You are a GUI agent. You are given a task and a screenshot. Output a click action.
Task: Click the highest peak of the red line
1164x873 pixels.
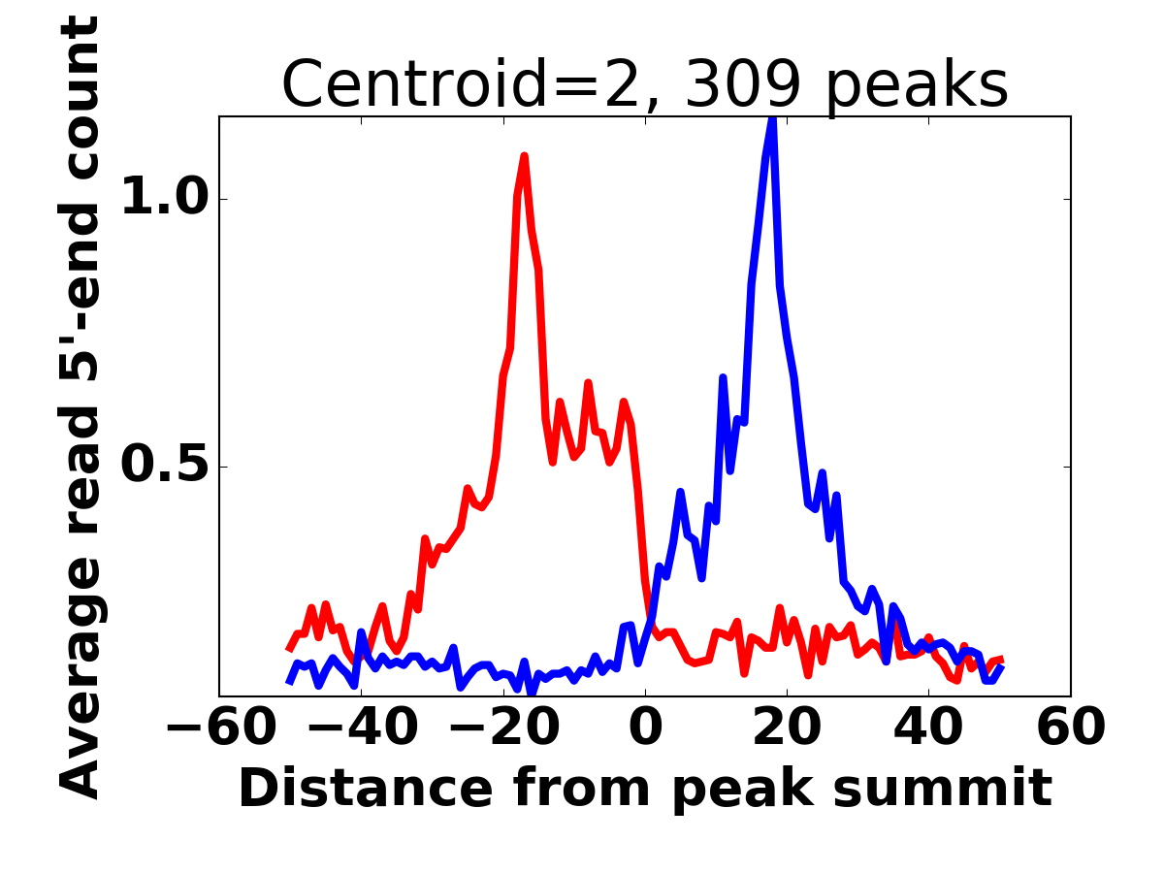click(524, 156)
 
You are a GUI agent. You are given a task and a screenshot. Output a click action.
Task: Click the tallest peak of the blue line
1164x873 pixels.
click(772, 119)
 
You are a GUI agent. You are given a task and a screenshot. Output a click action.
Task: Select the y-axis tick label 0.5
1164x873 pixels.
click(160, 467)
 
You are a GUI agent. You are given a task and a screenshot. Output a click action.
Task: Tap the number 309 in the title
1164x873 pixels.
click(743, 85)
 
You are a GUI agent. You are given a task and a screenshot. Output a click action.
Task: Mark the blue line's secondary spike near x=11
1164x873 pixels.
click(723, 377)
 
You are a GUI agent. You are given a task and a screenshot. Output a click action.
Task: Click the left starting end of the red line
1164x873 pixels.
click(289, 649)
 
